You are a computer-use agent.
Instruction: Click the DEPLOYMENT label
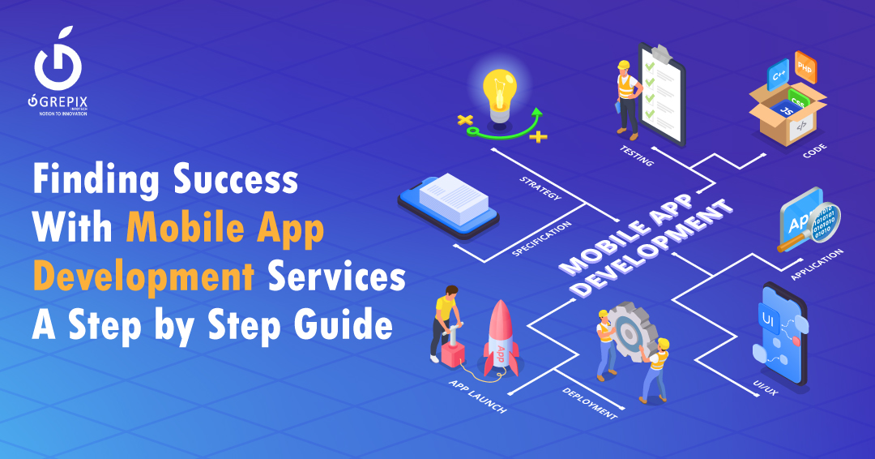point(589,402)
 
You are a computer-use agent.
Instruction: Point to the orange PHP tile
point(805,66)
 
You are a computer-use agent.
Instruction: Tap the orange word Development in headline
point(143,278)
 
